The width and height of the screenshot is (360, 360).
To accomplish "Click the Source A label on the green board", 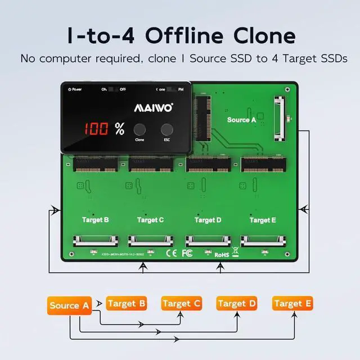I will coord(241,120).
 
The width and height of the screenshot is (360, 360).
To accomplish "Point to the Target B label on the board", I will coord(96,220).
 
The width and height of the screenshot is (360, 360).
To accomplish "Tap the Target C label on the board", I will coord(150,220).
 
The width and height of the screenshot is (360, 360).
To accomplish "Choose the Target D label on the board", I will coord(208,220).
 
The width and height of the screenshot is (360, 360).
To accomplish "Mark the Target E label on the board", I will coord(263,220).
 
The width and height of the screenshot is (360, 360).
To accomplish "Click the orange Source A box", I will coord(69,306).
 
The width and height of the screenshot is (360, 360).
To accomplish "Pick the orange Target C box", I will coord(181,304).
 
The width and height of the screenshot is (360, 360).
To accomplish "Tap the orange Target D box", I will coord(236,304).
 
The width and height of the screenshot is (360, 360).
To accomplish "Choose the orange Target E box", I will coord(292,304).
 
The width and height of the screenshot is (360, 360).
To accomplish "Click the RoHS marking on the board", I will coord(222,254).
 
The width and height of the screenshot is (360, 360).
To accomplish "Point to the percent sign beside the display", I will coord(119,129).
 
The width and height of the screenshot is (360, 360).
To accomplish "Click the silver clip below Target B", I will coord(96,241).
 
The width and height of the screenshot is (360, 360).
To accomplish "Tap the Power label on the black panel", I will coord(75,89).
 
